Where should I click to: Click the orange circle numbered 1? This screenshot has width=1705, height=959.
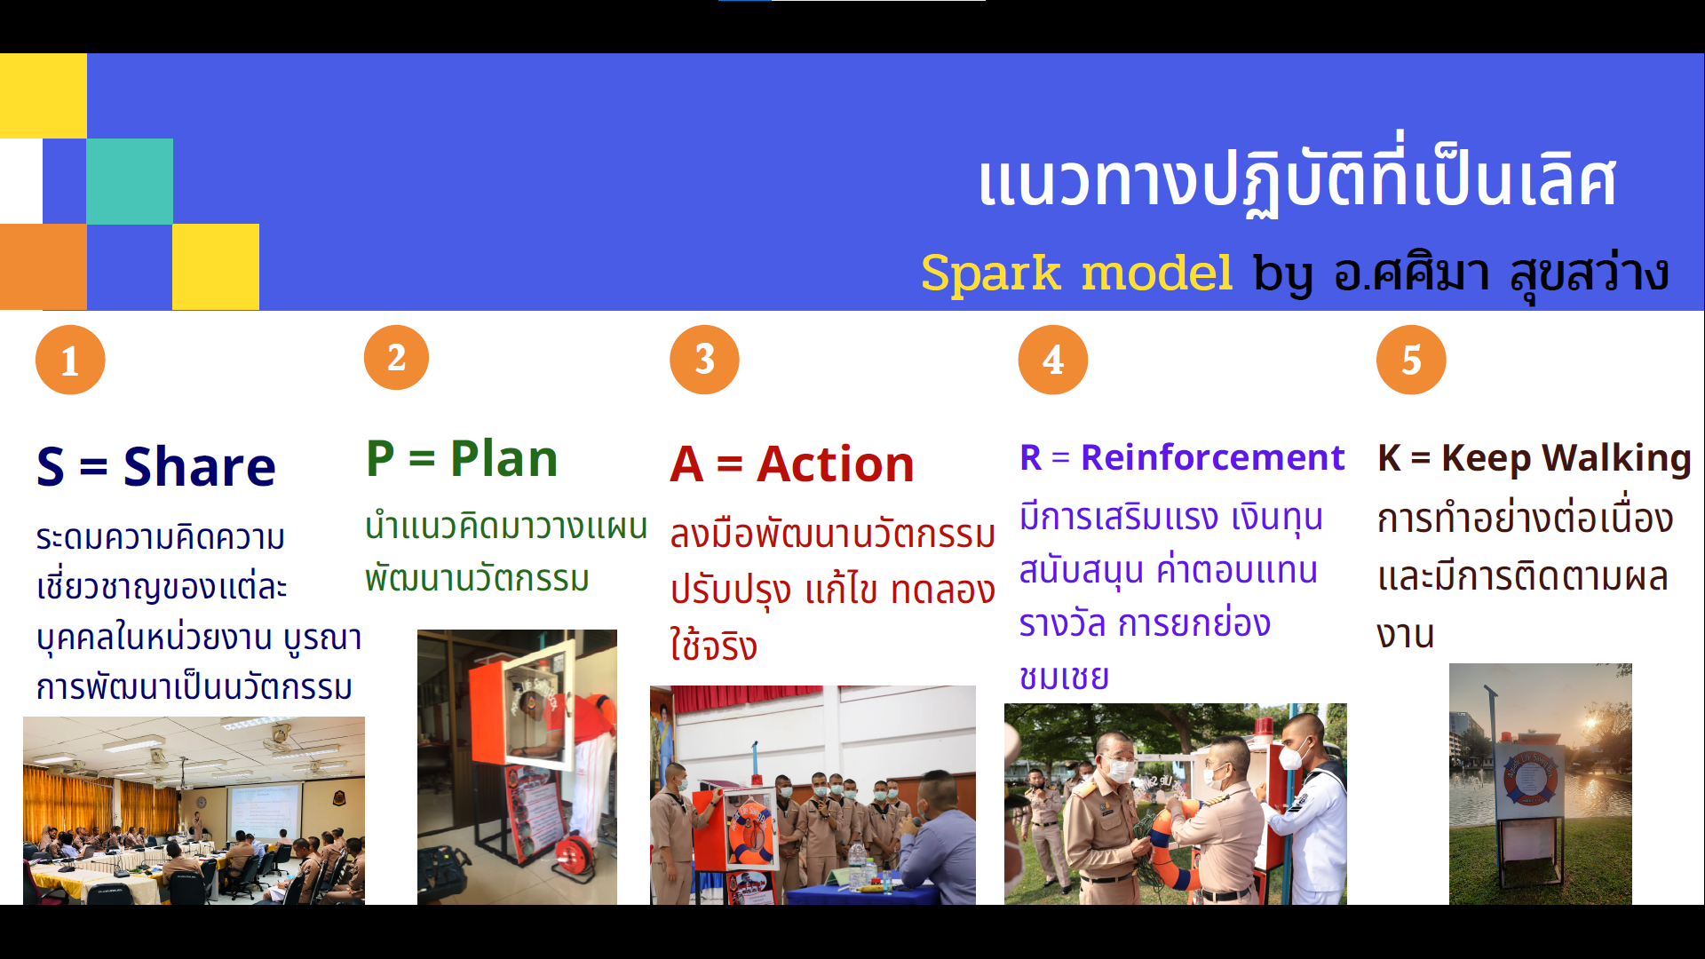click(x=70, y=360)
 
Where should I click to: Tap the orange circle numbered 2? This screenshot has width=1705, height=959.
click(x=396, y=357)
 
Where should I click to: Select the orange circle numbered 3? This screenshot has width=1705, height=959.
click(x=704, y=360)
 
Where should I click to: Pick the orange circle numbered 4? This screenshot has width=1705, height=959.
click(x=1053, y=360)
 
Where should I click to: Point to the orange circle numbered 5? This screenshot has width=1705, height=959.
click(x=1411, y=360)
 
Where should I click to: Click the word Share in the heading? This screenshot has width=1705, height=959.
click(x=200, y=466)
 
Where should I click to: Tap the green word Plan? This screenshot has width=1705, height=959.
click(x=504, y=459)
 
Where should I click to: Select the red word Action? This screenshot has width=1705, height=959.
click(x=836, y=464)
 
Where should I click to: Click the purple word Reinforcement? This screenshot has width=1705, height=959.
click(x=1213, y=457)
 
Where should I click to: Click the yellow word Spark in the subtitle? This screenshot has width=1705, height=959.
click(x=991, y=273)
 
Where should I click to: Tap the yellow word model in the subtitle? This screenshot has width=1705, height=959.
click(x=1157, y=273)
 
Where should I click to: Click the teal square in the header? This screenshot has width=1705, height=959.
click(x=130, y=181)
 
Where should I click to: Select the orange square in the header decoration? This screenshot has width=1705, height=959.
click(x=44, y=266)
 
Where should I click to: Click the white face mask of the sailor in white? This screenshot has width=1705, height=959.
click(x=1292, y=756)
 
